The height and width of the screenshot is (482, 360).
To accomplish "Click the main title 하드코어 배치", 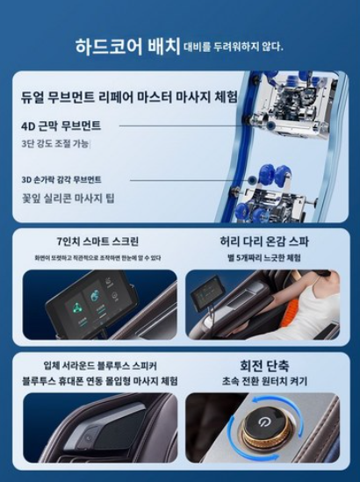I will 132,45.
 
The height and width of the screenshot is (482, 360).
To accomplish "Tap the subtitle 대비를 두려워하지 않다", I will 233,47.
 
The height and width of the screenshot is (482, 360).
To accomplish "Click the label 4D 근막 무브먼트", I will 61,126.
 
